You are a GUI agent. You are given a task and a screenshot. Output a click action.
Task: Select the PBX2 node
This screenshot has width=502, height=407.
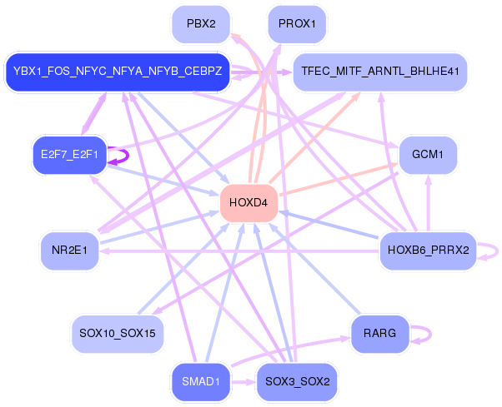coord(201,24)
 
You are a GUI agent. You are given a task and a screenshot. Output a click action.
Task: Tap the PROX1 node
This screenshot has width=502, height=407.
coord(297,24)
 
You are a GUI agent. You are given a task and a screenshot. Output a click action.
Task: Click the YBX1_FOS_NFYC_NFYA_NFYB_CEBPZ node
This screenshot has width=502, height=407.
coord(118,72)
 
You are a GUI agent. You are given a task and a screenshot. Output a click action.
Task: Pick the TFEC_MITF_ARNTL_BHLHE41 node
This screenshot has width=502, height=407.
coord(380,72)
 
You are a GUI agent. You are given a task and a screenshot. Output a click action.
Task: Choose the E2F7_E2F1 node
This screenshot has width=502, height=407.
coord(69,155)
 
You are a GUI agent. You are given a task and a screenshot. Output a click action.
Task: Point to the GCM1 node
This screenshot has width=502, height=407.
coord(429,155)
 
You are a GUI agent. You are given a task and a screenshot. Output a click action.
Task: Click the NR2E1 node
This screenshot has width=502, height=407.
coord(69,250)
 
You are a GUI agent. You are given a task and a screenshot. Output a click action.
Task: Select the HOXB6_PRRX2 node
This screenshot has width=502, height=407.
coord(428,250)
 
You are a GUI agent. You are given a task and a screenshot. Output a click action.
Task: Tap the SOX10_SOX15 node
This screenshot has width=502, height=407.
coord(117,333)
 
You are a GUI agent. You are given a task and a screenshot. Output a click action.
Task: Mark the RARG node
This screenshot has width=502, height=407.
coord(379,333)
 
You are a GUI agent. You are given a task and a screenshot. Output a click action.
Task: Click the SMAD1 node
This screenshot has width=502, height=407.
coord(200,382)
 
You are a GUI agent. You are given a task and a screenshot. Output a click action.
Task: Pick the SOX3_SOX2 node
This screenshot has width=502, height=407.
coord(297,382)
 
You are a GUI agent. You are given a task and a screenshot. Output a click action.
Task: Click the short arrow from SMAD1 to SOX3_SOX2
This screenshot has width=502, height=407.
coord(243,382)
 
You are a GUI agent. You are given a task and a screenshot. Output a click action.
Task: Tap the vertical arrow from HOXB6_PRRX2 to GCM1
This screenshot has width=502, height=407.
coord(429,202)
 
